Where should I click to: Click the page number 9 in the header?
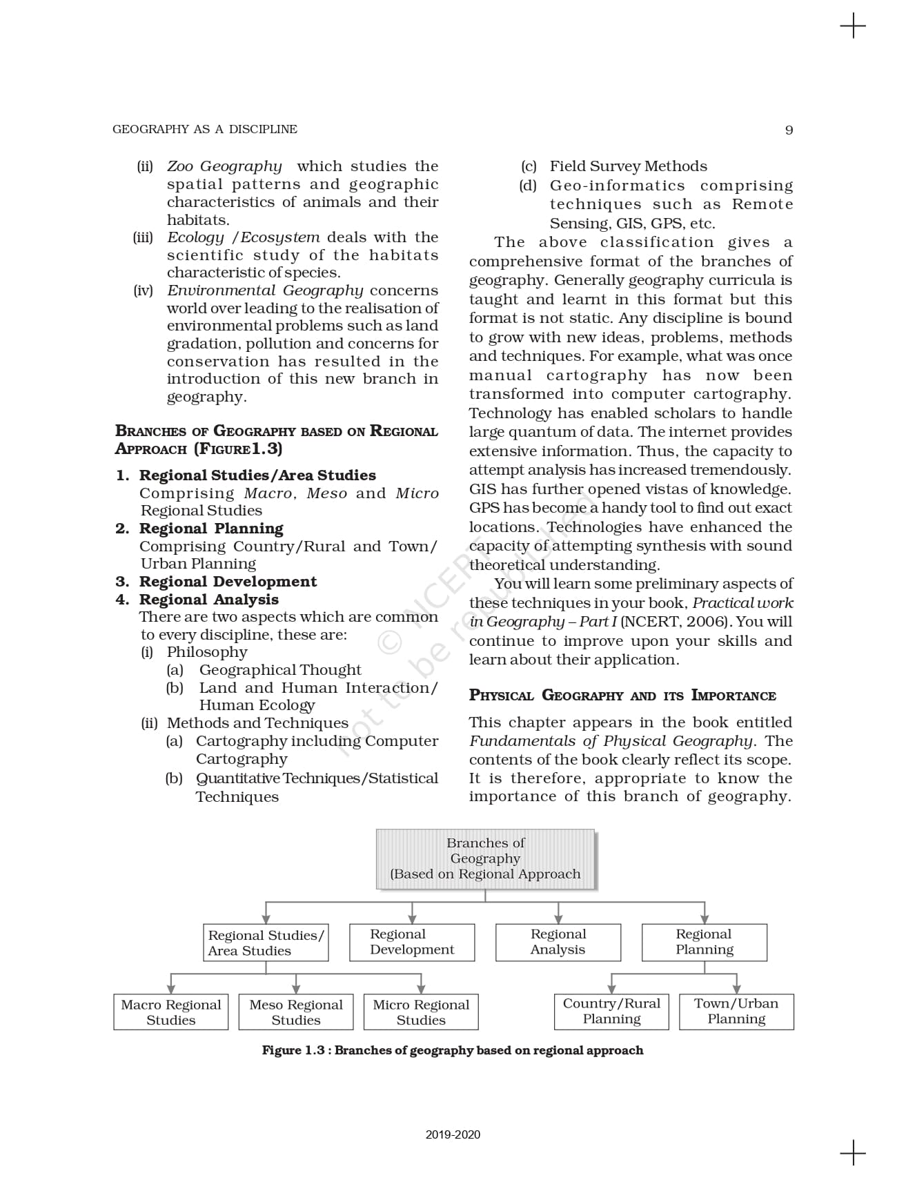click(789, 130)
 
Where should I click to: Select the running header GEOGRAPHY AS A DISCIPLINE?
click(204, 129)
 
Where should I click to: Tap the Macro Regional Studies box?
click(171, 1012)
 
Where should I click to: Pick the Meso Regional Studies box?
click(296, 1012)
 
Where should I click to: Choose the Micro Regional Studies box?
click(421, 1012)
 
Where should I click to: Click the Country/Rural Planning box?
click(611, 1011)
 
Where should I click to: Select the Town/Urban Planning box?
click(736, 1011)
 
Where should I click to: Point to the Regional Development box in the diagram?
click(412, 942)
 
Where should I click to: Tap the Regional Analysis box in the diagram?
click(558, 942)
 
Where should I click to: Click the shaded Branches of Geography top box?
click(485, 858)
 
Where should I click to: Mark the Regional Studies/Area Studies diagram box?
click(266, 943)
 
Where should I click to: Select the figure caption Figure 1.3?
click(453, 1050)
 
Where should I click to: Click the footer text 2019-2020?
click(453, 1134)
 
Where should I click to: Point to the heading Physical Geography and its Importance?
click(622, 696)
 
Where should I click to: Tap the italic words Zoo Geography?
click(224, 166)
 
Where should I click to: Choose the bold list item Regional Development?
click(228, 582)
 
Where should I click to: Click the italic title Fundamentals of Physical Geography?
click(611, 741)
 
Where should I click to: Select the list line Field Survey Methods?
click(628, 166)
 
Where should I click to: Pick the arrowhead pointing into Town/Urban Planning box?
click(736, 989)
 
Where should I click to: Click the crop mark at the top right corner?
click(853, 26)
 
